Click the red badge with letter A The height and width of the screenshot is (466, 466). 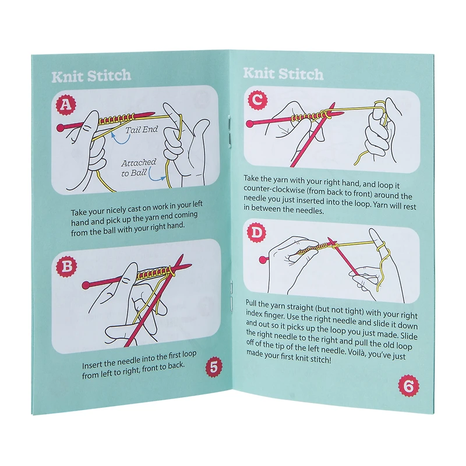click(66, 104)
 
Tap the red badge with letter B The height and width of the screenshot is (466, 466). click(66, 266)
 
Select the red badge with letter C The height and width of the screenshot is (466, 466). click(257, 100)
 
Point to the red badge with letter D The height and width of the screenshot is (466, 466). click(256, 232)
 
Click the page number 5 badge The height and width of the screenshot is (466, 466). click(214, 368)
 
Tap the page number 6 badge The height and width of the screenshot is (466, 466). click(409, 386)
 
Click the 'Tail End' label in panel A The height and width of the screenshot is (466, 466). click(142, 129)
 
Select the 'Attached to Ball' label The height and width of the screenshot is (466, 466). click(139, 168)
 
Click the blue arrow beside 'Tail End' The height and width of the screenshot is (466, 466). click(119, 140)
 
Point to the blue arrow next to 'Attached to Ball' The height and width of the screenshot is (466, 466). click(154, 176)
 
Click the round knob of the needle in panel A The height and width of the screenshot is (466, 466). click(61, 128)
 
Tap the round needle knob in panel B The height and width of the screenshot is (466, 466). click(86, 285)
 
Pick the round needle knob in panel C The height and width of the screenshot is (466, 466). click(250, 123)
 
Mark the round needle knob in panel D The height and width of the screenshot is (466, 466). click(263, 260)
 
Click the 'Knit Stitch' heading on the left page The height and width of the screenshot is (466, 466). click(91, 76)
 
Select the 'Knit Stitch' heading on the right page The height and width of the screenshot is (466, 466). click(283, 74)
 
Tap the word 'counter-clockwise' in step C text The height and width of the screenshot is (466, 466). click(270, 189)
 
